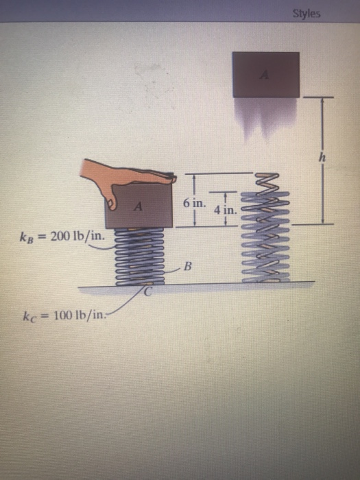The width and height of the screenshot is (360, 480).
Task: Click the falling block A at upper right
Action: click(x=265, y=74)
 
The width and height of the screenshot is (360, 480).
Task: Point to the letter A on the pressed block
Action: click(x=139, y=205)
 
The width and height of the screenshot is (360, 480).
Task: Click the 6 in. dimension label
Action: click(x=194, y=204)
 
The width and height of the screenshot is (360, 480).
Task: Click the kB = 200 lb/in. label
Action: click(x=58, y=237)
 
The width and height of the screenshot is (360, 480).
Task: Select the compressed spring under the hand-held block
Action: click(x=139, y=254)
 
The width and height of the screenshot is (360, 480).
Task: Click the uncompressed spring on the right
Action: click(x=265, y=226)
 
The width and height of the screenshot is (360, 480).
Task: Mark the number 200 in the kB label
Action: click(x=60, y=237)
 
